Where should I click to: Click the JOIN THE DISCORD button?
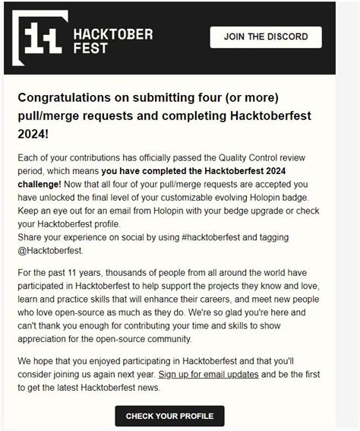[266, 36]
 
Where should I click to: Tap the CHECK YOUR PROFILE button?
[169, 416]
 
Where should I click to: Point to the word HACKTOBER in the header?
[112, 34]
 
